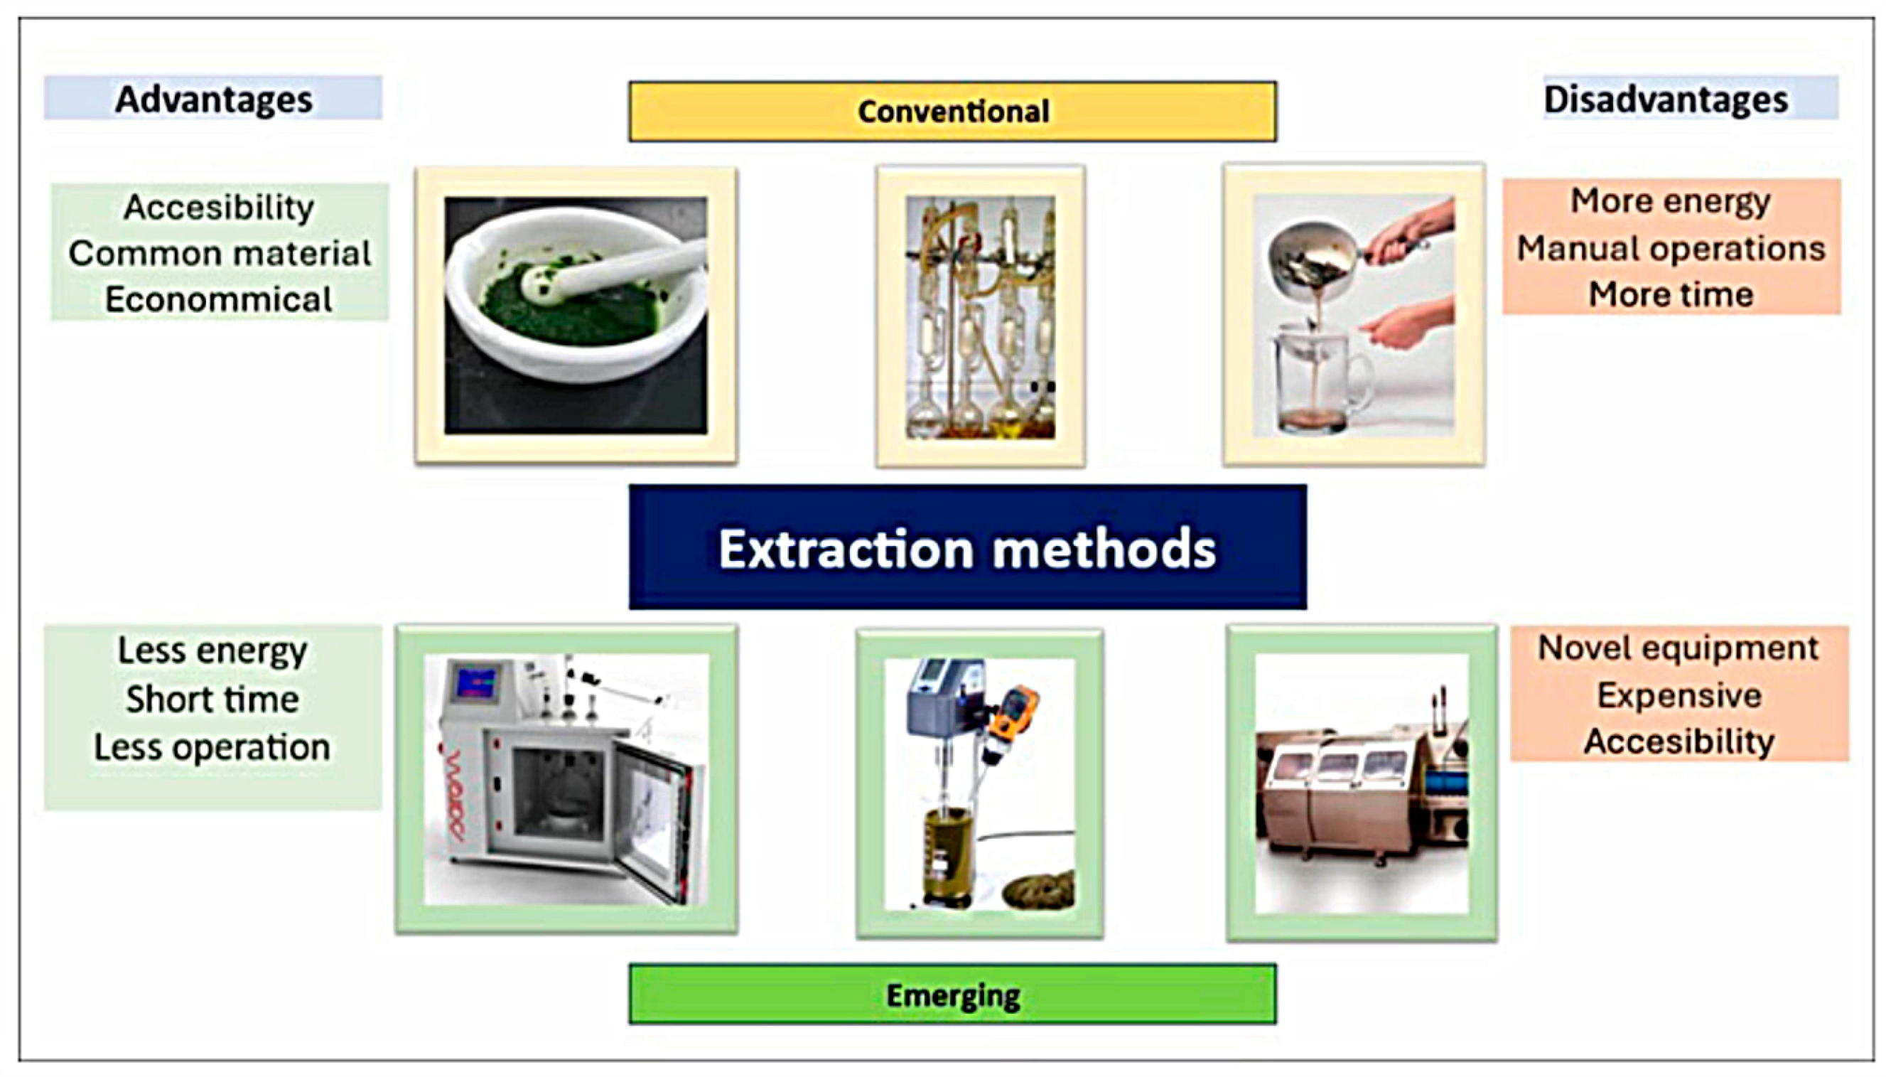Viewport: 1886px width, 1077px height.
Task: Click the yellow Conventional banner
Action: point(952,112)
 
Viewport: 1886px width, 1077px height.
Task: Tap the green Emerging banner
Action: point(952,994)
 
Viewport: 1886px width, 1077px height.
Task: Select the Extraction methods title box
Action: point(968,547)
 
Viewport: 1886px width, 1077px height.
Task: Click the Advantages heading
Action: point(214,99)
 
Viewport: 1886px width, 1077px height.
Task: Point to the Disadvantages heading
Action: point(1666,99)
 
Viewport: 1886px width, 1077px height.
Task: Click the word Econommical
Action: point(219,299)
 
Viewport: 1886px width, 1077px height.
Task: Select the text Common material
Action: point(220,253)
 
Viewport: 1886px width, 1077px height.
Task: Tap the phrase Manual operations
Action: point(1671,248)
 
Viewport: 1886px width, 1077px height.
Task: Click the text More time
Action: point(1671,294)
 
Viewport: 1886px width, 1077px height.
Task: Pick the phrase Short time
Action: point(212,699)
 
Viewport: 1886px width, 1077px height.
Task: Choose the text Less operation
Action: point(212,747)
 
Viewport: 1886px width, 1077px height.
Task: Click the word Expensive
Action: point(1679,695)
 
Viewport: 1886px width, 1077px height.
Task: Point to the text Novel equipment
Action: point(1678,648)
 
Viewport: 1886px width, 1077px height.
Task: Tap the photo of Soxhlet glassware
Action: point(981,316)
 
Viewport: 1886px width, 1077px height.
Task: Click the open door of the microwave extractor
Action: point(654,821)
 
